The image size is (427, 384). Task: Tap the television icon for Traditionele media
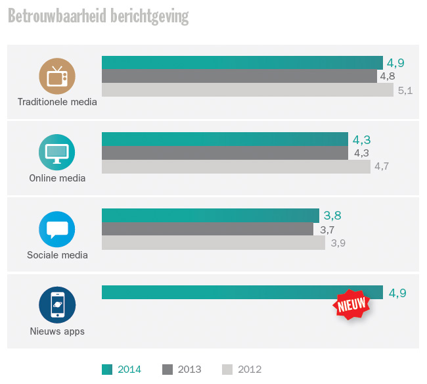[57, 76]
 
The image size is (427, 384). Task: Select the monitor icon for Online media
[57, 152]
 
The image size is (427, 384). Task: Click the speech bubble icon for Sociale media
[57, 229]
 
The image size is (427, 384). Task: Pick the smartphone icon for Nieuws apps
[57, 305]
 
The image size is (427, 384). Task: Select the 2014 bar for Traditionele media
[242, 62]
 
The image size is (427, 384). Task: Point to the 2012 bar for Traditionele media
[247, 90]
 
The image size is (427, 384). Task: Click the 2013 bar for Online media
[225, 153]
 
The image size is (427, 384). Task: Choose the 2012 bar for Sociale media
[213, 243]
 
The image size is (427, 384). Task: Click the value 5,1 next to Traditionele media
[405, 91]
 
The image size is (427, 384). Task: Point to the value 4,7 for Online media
[382, 166]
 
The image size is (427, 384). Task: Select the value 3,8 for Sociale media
[332, 216]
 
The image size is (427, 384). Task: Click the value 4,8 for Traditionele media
[387, 76]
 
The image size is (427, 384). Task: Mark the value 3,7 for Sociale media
[327, 229]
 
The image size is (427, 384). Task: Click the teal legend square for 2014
[107, 369]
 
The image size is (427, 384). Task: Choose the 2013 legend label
[189, 369]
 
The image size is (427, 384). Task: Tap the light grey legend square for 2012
[227, 369]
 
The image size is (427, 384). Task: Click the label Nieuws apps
[57, 331]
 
